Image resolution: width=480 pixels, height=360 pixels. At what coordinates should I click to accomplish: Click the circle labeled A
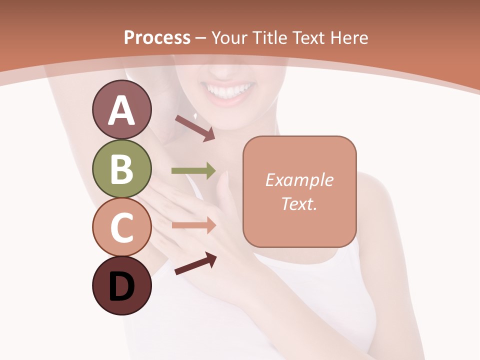point(121,110)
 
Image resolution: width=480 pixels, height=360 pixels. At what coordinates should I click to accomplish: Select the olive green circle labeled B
point(121,169)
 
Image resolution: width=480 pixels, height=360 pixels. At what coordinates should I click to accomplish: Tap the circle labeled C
point(121,227)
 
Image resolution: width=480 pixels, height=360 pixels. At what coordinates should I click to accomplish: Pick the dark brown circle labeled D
point(121,286)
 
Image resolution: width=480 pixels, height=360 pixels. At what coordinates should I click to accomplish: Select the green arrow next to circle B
point(193,171)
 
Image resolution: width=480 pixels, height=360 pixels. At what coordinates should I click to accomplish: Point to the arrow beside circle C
point(193,225)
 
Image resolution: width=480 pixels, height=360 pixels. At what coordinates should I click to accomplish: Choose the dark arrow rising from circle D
point(195,263)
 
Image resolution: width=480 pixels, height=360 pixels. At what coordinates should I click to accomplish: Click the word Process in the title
point(157,37)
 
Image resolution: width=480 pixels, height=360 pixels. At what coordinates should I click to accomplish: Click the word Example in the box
point(299,180)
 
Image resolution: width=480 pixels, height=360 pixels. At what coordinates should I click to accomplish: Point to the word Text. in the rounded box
point(299,203)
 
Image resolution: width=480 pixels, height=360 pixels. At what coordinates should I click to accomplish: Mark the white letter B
point(121,169)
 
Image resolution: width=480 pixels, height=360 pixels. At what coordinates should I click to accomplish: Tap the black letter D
point(121,287)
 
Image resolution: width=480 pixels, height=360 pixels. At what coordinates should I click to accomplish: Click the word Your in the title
point(229,37)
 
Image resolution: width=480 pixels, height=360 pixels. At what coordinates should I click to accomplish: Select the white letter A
point(121,110)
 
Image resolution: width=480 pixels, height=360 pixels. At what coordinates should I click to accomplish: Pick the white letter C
point(121,228)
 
